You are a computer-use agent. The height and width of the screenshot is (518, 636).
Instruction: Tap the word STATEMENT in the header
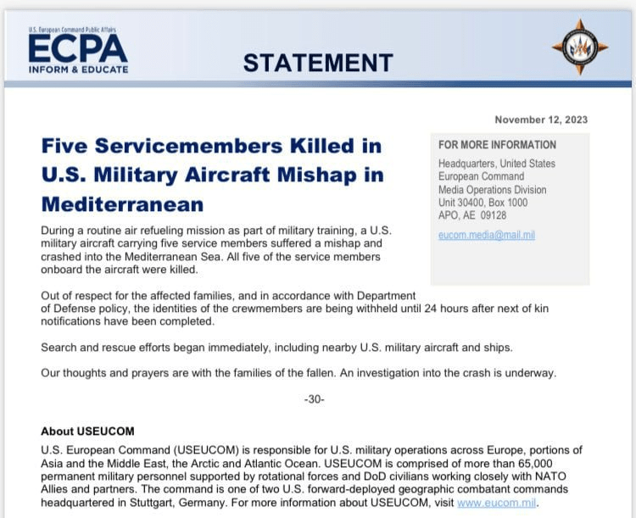pos(318,63)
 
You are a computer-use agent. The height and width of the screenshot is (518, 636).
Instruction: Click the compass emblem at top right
pos(580,47)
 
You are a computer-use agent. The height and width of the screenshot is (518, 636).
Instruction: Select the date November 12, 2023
pos(541,120)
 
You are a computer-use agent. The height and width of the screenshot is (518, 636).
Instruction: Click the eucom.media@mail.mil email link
pos(486,234)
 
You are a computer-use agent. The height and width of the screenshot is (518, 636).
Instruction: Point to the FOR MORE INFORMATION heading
pos(497,145)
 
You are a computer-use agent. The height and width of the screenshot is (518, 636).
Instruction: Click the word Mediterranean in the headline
pos(122,203)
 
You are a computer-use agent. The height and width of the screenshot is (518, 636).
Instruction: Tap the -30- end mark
pos(314,399)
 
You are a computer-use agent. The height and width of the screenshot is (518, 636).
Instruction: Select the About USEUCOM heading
pos(87,432)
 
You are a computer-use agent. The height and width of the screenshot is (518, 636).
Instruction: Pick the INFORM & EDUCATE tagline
pos(78,69)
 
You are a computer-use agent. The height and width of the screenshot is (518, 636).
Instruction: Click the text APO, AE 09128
pos(473,215)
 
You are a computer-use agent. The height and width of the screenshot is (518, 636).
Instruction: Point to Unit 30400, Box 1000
pos(483,203)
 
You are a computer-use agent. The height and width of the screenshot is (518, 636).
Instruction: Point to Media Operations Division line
pos(492,190)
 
